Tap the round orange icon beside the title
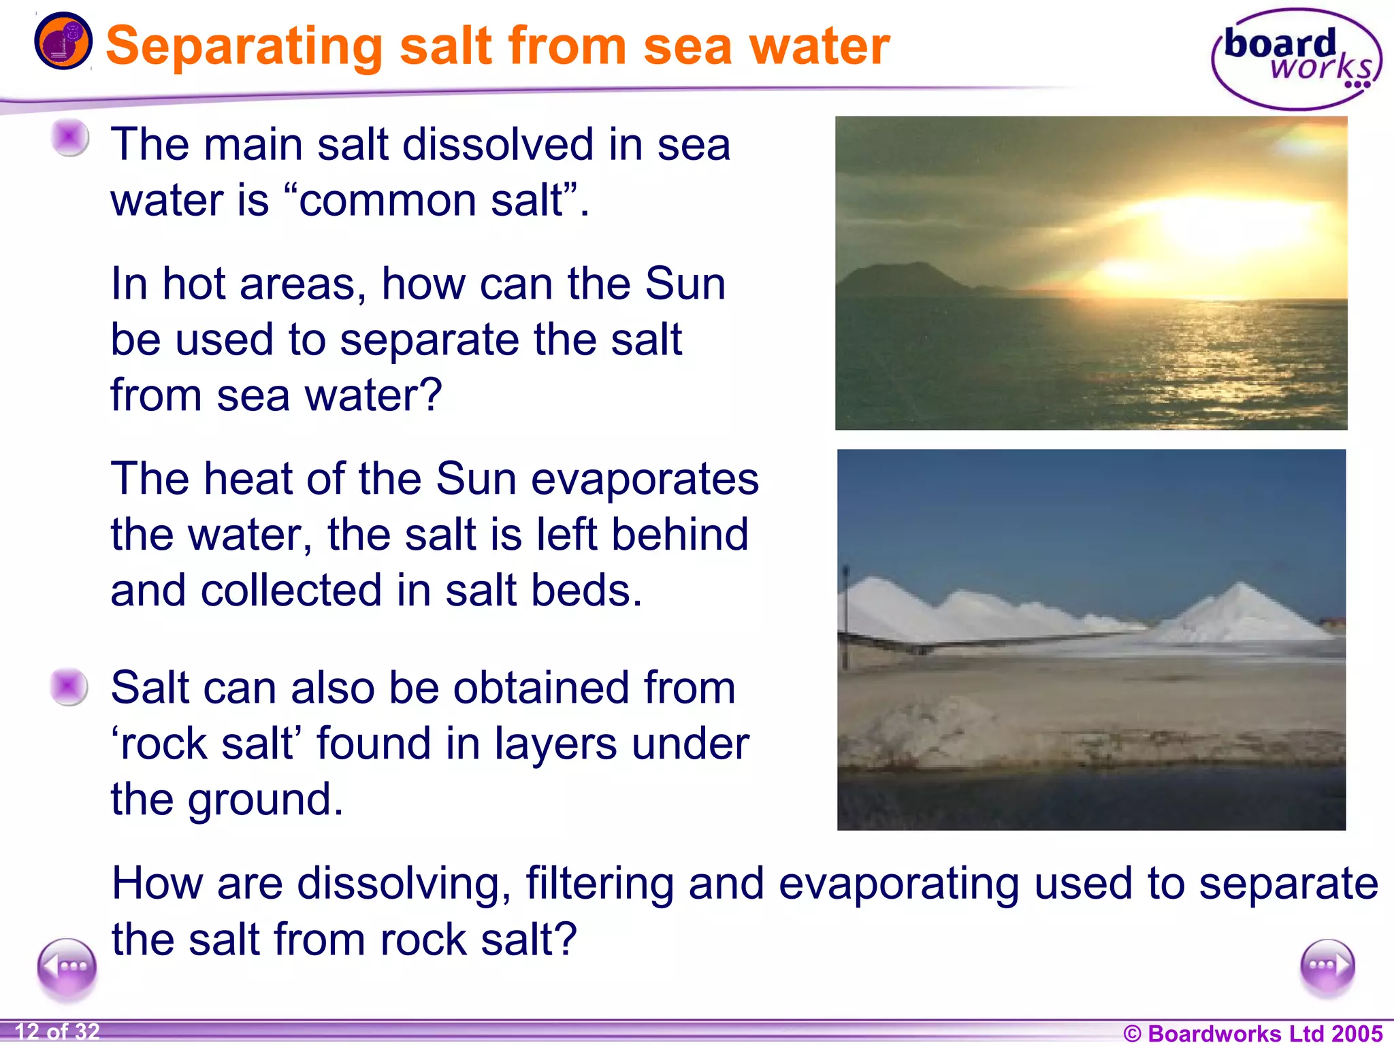click(x=63, y=42)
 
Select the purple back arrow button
click(x=67, y=967)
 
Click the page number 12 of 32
click(x=57, y=1031)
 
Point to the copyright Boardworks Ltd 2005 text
click(x=1252, y=1033)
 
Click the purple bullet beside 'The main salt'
click(x=70, y=137)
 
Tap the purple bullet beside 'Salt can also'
click(x=69, y=686)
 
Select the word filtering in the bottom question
click(x=599, y=884)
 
